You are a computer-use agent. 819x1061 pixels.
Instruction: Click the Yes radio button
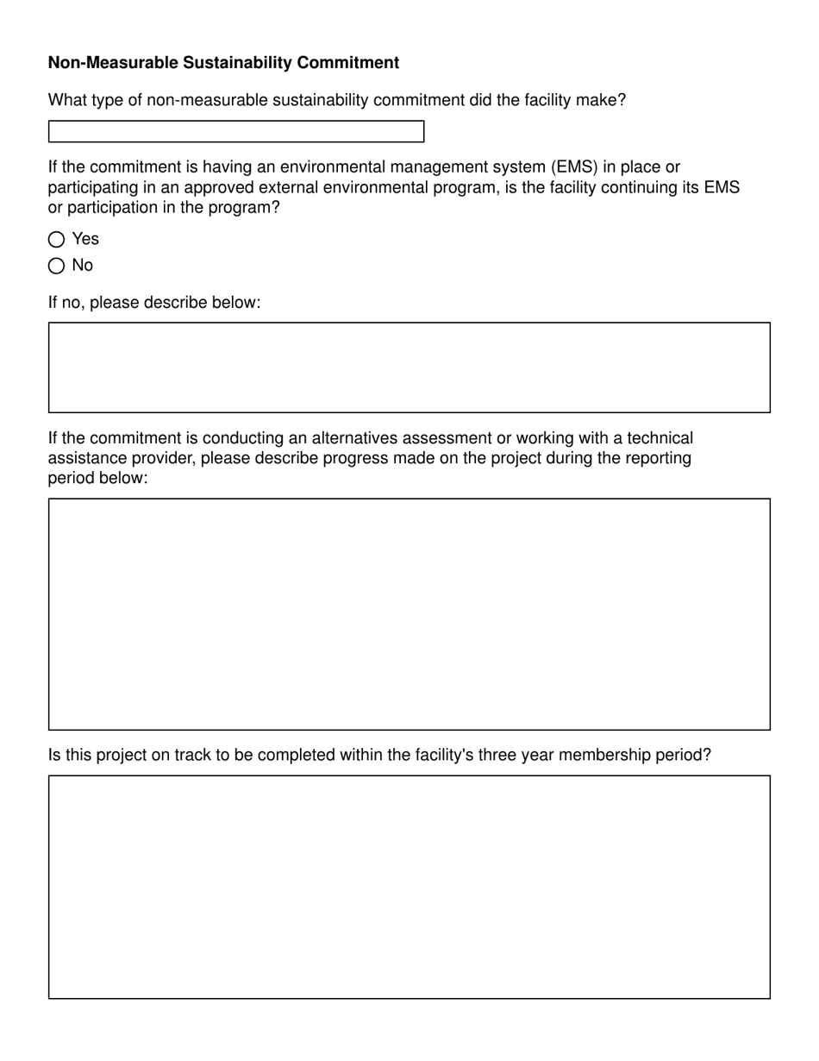coord(57,240)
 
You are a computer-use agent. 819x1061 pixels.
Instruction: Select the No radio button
coord(57,266)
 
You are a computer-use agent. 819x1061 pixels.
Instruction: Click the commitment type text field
coord(236,131)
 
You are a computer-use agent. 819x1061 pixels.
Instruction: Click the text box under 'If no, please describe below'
coord(409,367)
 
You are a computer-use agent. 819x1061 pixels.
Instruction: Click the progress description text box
coord(409,613)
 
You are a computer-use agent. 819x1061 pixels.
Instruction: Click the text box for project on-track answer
coord(409,887)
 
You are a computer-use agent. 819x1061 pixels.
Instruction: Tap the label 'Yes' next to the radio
coord(85,239)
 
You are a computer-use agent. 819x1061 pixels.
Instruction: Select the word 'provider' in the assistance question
coord(162,458)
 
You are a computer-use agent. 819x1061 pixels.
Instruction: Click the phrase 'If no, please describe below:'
coord(153,303)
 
